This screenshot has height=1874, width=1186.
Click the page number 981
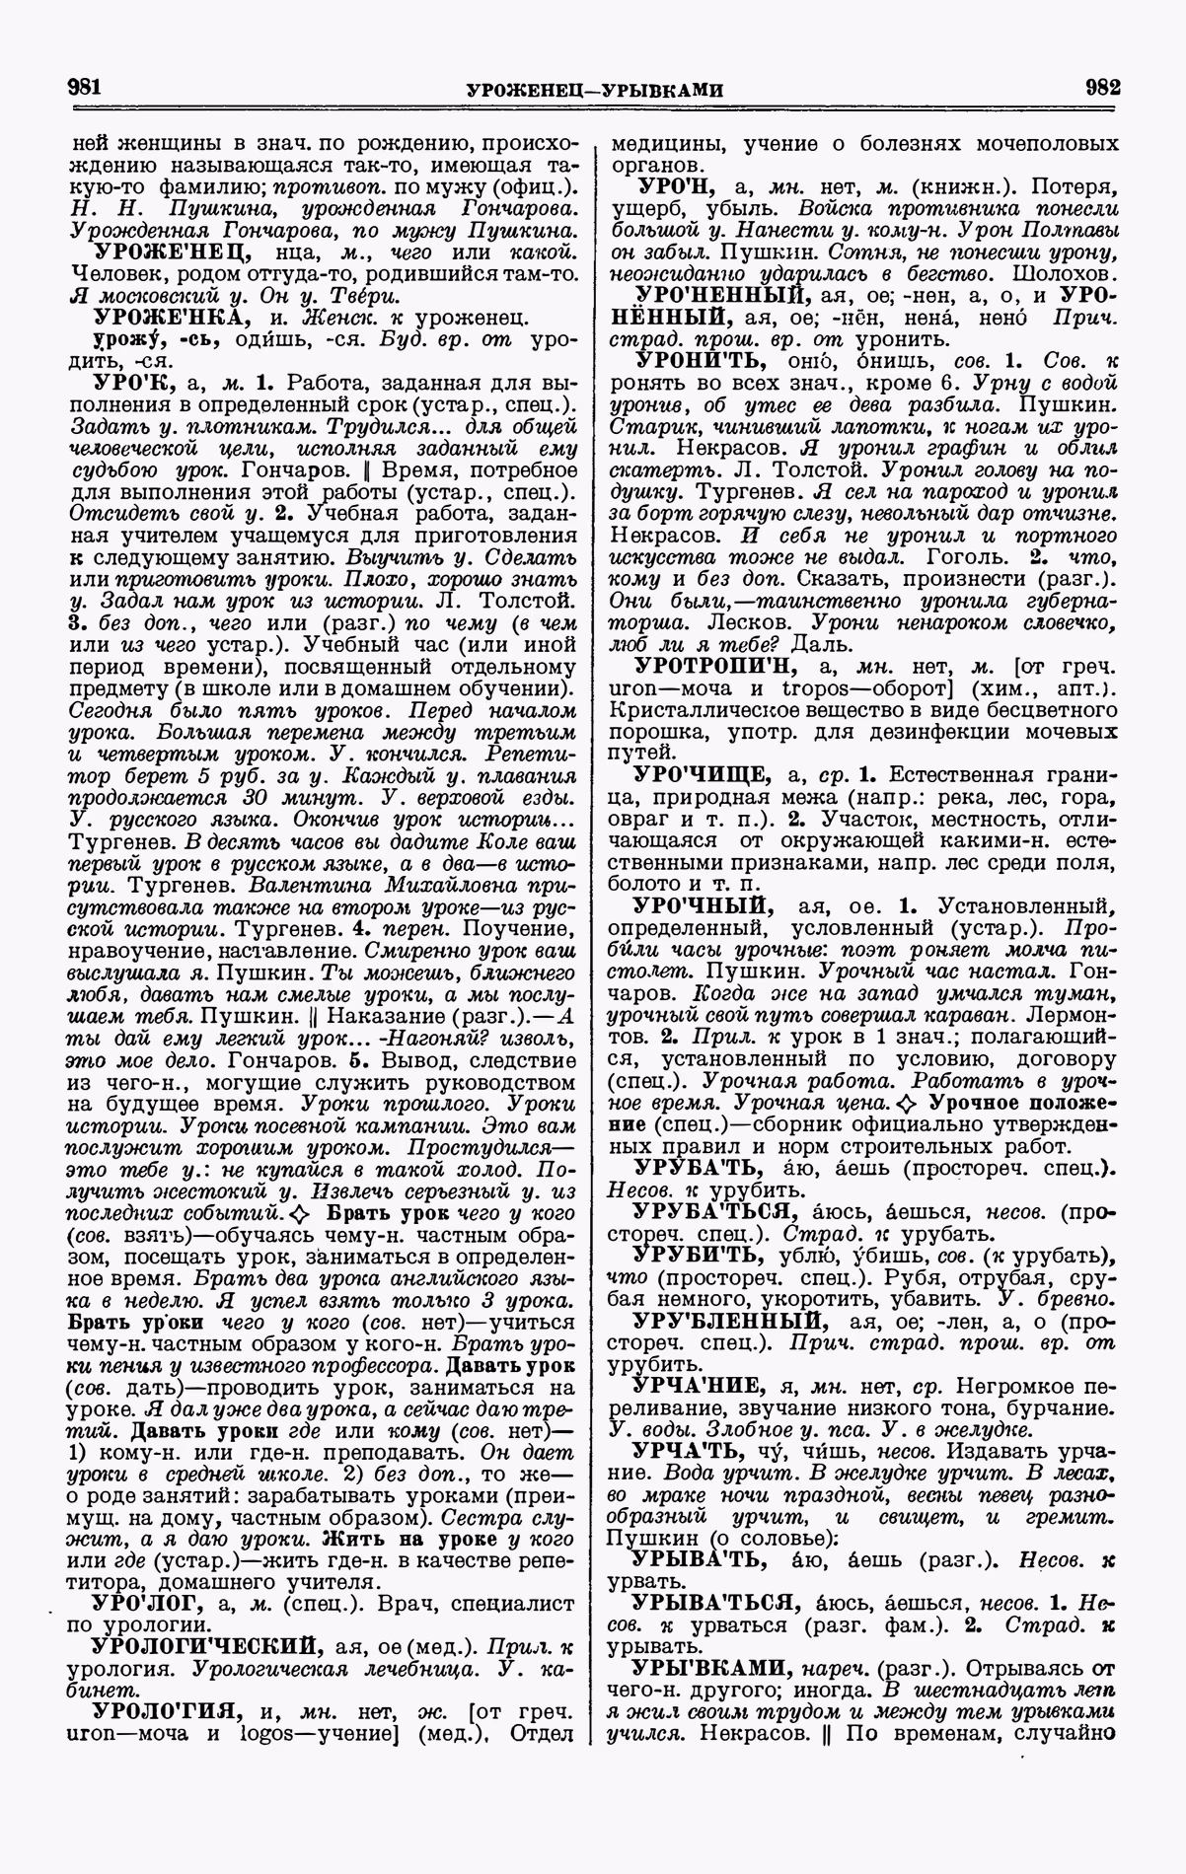pos(86,87)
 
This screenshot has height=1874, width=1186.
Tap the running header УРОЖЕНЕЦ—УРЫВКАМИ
pos(594,90)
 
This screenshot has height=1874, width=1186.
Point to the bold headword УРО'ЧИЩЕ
pos(700,772)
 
